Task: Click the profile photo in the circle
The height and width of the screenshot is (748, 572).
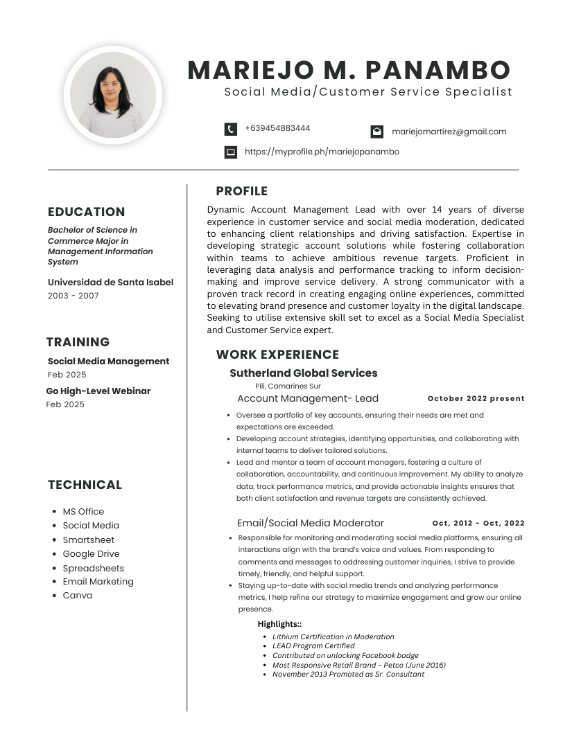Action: [112, 95]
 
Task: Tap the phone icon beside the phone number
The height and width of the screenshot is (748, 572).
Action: [231, 130]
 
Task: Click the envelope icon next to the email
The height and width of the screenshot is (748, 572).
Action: [376, 132]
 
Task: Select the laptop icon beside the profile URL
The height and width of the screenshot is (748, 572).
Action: [231, 152]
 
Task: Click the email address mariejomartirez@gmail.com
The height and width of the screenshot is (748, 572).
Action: [449, 132]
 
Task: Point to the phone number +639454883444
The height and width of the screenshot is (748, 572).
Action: [277, 129]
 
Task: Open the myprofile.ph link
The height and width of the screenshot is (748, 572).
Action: [322, 152]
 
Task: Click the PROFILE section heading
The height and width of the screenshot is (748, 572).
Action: [241, 191]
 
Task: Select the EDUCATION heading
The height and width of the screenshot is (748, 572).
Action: [87, 212]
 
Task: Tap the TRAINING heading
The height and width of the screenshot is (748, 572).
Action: [78, 342]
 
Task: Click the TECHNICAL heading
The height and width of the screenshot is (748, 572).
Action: [85, 485]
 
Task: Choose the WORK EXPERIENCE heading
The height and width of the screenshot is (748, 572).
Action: [277, 355]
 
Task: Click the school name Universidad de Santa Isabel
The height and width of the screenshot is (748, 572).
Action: [110, 282]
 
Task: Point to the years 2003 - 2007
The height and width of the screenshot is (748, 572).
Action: [73, 296]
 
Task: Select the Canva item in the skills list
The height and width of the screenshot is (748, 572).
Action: [78, 596]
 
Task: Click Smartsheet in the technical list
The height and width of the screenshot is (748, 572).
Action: [89, 540]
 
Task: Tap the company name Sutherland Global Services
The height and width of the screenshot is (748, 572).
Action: [304, 373]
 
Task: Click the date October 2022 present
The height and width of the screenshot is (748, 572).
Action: [476, 399]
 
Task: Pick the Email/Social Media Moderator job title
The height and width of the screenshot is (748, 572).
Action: [311, 523]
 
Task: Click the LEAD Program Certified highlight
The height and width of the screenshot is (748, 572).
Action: [313, 645]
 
